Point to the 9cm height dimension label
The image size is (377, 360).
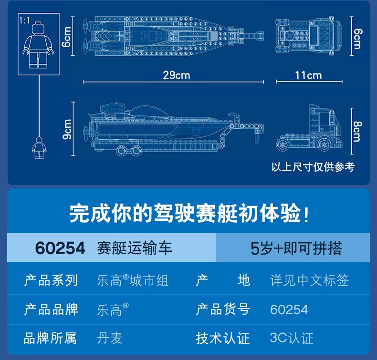click(x=67, y=129)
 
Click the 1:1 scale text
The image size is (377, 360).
click(x=25, y=21)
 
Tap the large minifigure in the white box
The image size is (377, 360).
click(x=38, y=46)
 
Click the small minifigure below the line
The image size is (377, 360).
click(x=38, y=148)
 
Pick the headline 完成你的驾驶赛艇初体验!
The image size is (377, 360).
click(x=189, y=213)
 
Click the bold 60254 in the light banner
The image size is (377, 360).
click(x=60, y=248)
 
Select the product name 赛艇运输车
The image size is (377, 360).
click(x=135, y=248)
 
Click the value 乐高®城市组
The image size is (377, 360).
click(x=133, y=280)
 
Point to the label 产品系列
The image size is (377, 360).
click(x=51, y=280)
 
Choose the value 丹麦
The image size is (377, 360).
click(x=110, y=338)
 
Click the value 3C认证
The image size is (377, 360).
click(x=292, y=338)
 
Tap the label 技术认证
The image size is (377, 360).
click(x=223, y=338)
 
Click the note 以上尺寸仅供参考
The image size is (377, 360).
click(x=313, y=167)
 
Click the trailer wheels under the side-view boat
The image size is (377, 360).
click(x=129, y=151)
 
